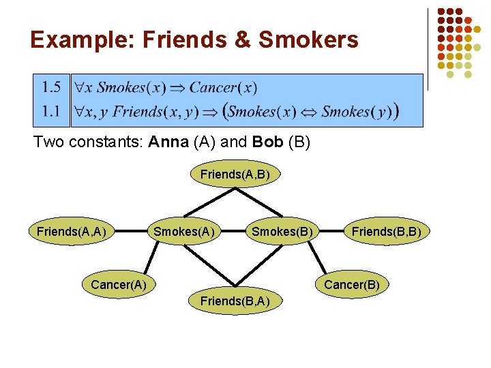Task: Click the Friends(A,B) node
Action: pos(235,174)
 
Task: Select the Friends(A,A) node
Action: pos(71,232)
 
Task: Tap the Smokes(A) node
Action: pos(184,232)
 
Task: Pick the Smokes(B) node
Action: pos(282,232)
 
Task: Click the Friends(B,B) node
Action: pos(386,232)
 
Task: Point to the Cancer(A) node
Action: pos(119,284)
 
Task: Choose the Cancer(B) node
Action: pos(351,284)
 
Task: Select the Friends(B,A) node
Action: pos(235,301)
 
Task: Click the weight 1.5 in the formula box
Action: pos(51,87)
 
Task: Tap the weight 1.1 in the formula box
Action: pos(51,110)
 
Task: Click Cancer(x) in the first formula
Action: pos(223,87)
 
